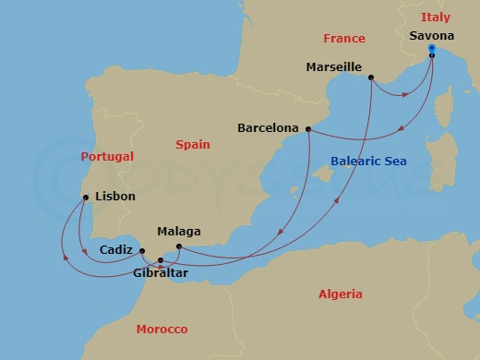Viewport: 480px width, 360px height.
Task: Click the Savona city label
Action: click(x=432, y=36)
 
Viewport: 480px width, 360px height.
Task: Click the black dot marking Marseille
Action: click(x=370, y=78)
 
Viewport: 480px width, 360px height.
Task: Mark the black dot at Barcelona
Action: click(x=307, y=130)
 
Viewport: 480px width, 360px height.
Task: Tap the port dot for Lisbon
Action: click(x=86, y=197)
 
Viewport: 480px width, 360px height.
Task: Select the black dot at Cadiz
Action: click(x=142, y=249)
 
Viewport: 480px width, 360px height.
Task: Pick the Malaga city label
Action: click(x=179, y=232)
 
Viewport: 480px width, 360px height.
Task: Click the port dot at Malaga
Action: click(x=178, y=246)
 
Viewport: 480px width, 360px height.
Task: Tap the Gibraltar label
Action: click(x=161, y=274)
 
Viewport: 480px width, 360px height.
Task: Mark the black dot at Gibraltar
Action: click(x=161, y=260)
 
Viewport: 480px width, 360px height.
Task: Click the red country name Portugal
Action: click(x=107, y=157)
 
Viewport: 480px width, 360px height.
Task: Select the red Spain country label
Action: click(x=193, y=145)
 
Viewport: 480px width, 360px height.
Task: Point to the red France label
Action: click(x=344, y=39)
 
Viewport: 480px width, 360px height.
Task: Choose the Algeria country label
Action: click(x=340, y=294)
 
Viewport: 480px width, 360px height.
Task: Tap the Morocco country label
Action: click(x=162, y=330)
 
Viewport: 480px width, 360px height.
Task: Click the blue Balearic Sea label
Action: click(x=368, y=163)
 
